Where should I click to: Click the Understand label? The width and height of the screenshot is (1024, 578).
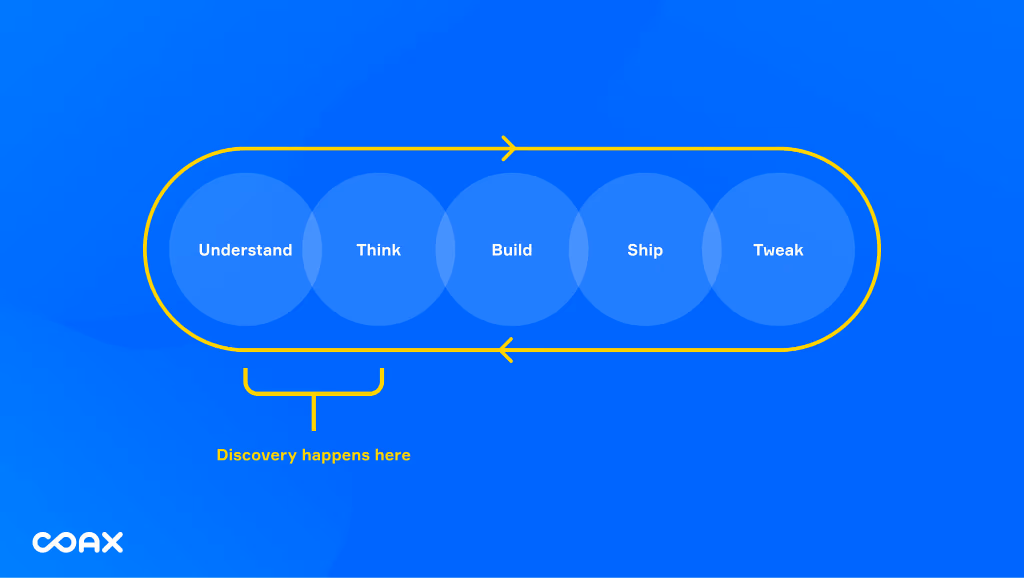click(x=245, y=250)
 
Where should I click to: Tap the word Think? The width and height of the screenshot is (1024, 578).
click(x=378, y=250)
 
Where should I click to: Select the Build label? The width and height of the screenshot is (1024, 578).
click(x=511, y=250)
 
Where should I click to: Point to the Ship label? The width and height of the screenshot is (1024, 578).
click(x=645, y=250)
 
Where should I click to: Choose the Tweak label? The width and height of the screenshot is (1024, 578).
click(x=778, y=250)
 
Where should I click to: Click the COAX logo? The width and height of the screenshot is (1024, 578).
click(x=77, y=542)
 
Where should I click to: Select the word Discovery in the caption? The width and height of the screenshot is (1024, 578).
click(x=256, y=455)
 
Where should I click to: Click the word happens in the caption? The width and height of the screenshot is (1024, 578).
click(x=335, y=455)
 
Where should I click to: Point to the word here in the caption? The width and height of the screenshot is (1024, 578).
click(x=392, y=455)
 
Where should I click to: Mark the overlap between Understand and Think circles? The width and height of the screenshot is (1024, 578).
click(x=312, y=249)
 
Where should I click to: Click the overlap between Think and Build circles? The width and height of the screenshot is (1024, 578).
click(x=445, y=249)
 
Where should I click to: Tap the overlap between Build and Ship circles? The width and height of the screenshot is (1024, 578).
click(x=578, y=249)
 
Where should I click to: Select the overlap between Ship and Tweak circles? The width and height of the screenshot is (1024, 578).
click(x=711, y=249)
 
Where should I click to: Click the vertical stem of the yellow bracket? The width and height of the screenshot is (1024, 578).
click(x=313, y=413)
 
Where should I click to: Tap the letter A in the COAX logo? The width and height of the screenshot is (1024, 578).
click(x=90, y=542)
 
